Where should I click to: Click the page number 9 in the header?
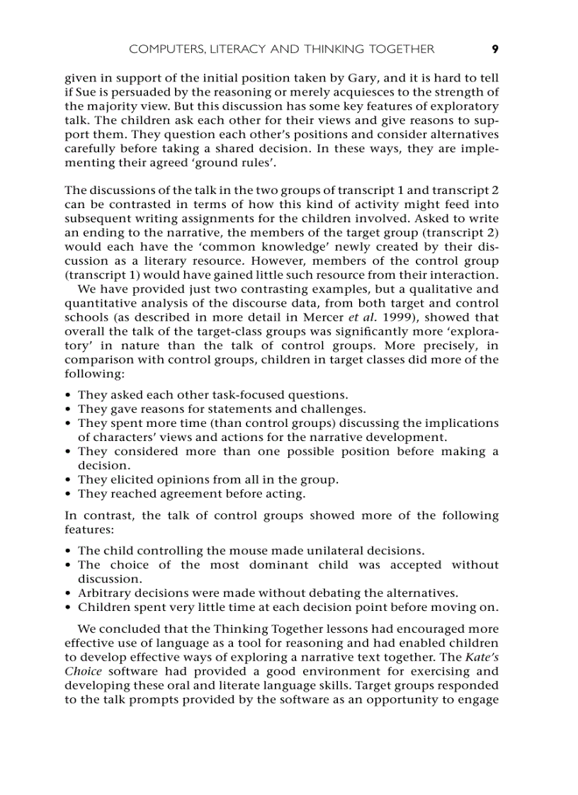(x=495, y=49)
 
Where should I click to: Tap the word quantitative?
(x=101, y=303)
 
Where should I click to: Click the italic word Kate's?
(x=482, y=658)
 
